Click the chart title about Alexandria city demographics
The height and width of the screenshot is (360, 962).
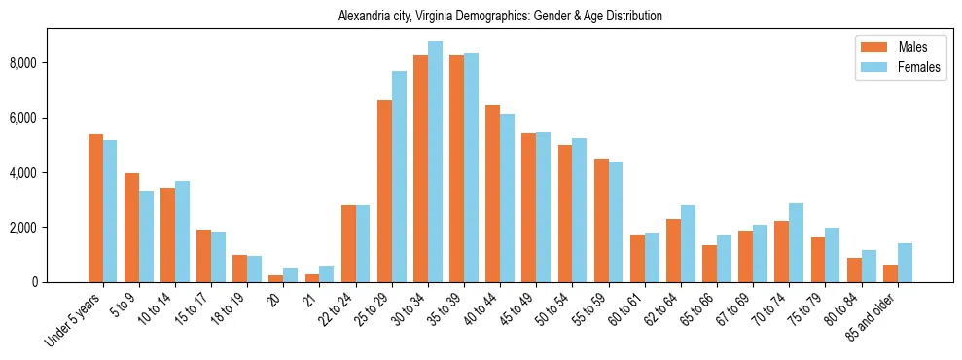[500, 17]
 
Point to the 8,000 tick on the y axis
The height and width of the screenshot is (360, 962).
[22, 63]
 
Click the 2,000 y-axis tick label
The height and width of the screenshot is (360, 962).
[22, 228]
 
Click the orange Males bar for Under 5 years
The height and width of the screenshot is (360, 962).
[95, 208]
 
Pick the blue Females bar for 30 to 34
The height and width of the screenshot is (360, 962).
[435, 162]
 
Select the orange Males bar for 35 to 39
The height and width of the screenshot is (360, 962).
[456, 168]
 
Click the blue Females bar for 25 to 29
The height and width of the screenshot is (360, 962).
[399, 176]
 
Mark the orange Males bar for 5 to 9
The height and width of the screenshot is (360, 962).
[131, 228]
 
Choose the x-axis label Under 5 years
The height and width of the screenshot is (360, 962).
[74, 320]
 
